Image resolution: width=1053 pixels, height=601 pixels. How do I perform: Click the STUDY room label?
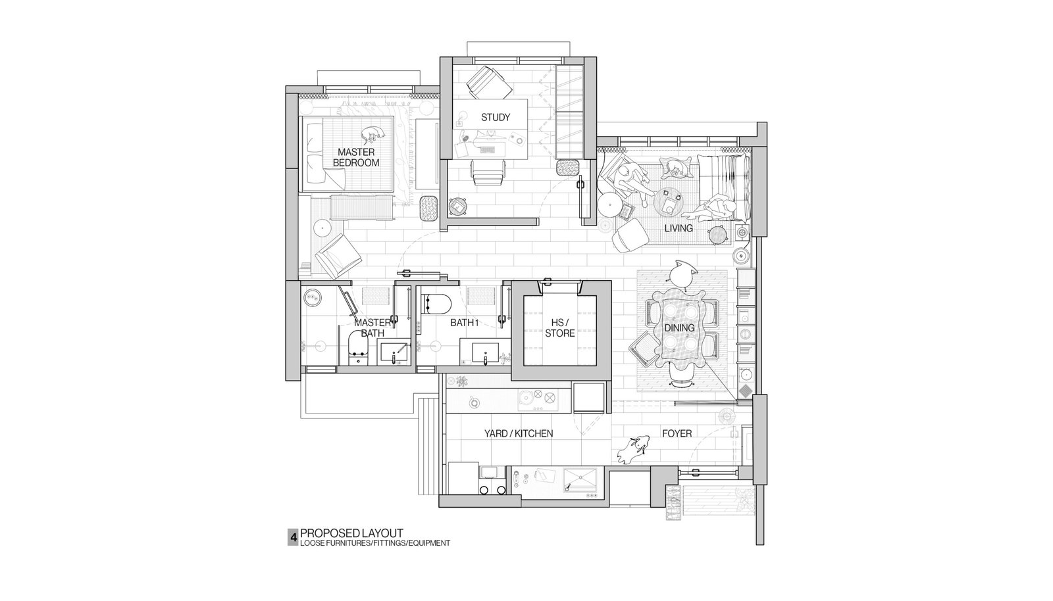(x=495, y=118)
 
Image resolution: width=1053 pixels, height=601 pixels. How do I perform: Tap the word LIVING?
(x=679, y=228)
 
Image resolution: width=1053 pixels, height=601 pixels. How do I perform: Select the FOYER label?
(x=677, y=433)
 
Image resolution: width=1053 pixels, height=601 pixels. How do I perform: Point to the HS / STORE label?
(x=560, y=328)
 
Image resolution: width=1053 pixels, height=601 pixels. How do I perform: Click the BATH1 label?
(x=465, y=323)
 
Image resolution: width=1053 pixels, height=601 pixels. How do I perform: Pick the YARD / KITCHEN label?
(x=519, y=434)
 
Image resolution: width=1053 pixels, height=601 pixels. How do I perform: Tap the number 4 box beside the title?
(x=293, y=537)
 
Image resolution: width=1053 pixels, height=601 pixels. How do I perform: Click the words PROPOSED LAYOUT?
(x=351, y=533)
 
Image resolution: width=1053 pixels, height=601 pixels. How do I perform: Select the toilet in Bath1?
(x=437, y=304)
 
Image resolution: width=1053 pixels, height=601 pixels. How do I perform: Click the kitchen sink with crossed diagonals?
(x=582, y=483)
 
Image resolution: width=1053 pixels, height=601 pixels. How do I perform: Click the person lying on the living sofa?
(x=711, y=211)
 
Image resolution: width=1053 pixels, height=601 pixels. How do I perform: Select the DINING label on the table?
(x=679, y=327)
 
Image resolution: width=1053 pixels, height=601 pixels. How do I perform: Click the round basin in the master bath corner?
(x=312, y=297)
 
